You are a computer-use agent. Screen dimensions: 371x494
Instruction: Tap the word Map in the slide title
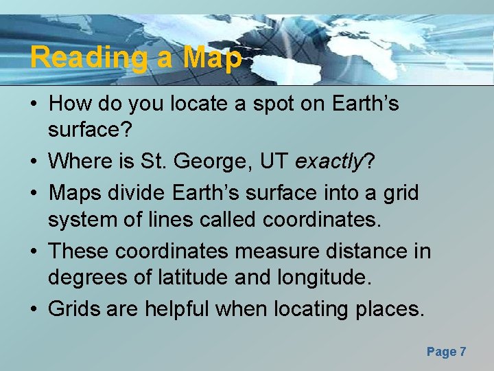click(212, 58)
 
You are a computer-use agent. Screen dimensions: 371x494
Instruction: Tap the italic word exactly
click(330, 162)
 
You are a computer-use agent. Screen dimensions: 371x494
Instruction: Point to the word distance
click(361, 251)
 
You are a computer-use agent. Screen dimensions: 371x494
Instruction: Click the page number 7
click(463, 352)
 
